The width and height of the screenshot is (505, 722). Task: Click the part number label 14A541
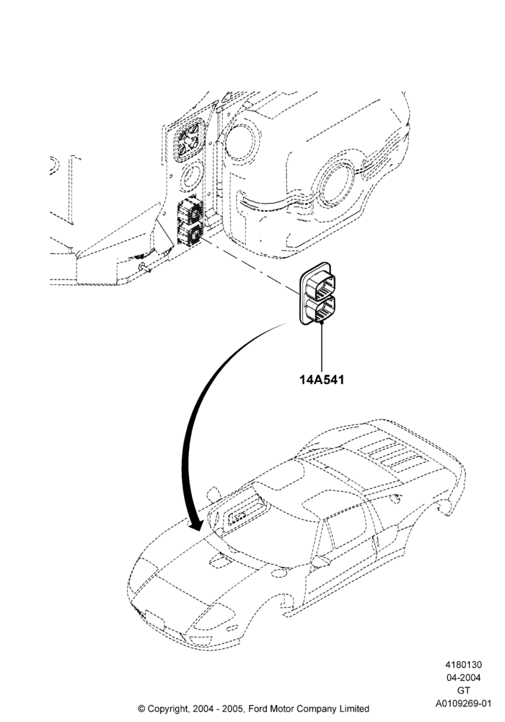coord(322,380)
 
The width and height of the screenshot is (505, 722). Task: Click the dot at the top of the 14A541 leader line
coord(322,323)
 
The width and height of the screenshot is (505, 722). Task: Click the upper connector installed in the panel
coord(190,210)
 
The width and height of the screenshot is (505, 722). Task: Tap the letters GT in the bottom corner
coord(463,691)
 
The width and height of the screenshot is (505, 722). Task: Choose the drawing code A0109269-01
coord(463,703)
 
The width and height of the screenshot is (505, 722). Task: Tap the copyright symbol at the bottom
coord(141,709)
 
